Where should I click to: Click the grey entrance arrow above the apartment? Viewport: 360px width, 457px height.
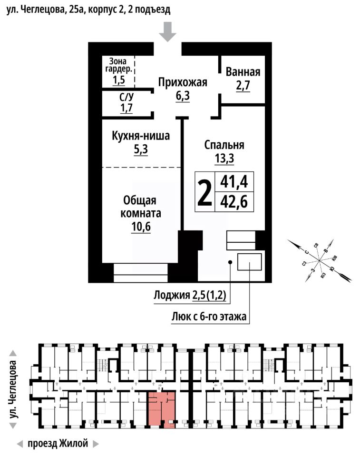[167, 32]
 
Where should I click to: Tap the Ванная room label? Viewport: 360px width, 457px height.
[243, 72]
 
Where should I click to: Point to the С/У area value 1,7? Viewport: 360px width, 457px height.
[126, 108]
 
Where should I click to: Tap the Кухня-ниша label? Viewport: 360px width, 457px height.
[141, 137]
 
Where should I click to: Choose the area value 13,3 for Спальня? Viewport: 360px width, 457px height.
[224, 158]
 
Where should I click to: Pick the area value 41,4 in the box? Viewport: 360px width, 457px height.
[234, 182]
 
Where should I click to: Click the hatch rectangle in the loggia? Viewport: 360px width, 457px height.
[250, 262]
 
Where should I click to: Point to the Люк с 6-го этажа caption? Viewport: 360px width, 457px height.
[209, 316]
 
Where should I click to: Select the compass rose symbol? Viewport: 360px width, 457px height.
[320, 259]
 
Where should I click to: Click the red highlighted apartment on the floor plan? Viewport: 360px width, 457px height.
[161, 408]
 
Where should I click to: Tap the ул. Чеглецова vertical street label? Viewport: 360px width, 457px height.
[13, 390]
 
